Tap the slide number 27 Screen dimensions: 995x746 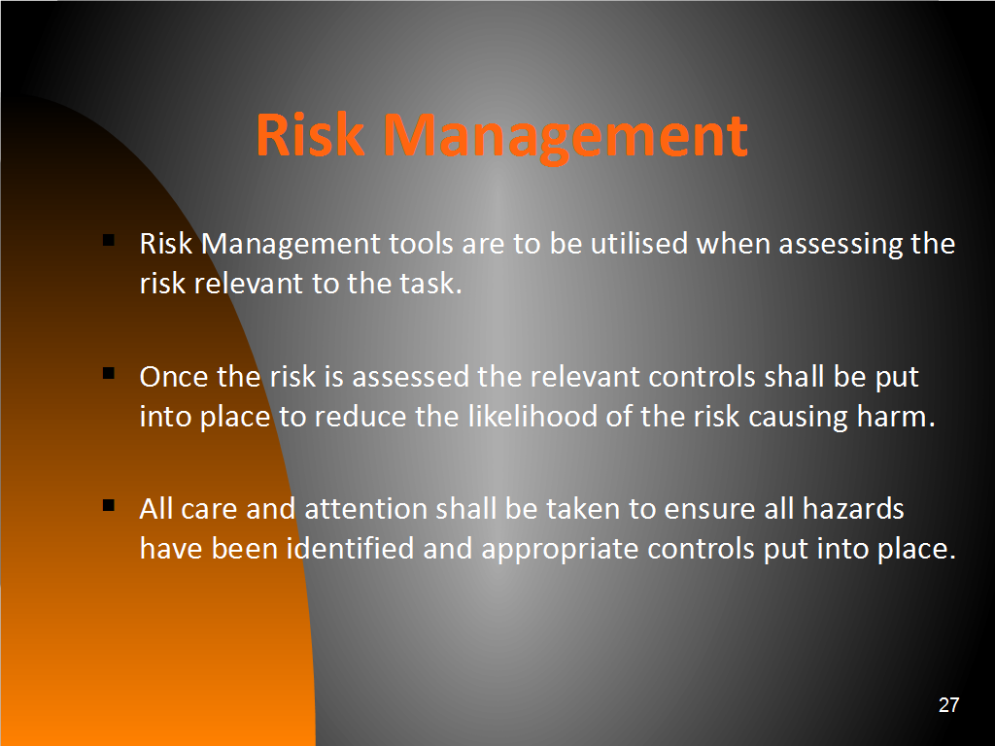tap(948, 705)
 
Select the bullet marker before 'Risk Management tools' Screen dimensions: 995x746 tap(109, 240)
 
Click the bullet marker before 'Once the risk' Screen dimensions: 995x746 tap(109, 373)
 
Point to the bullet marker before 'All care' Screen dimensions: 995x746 tap(109, 505)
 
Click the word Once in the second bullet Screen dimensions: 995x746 tap(173, 377)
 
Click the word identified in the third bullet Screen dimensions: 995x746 tap(350, 548)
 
